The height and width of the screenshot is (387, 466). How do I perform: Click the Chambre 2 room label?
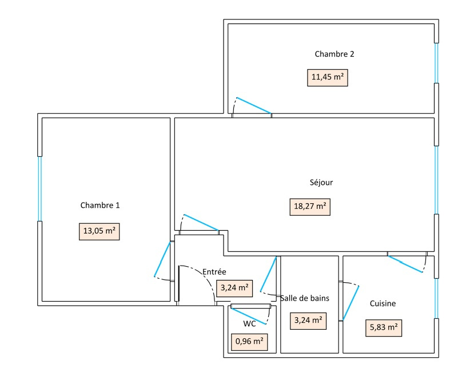click(x=334, y=54)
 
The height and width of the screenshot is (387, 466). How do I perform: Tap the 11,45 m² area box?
click(x=328, y=77)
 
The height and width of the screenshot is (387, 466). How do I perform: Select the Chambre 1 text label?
click(x=100, y=205)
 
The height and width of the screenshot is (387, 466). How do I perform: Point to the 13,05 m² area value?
click(x=99, y=231)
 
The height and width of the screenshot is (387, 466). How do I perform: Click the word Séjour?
click(x=320, y=183)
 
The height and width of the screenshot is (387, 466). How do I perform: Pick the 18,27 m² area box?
click(x=309, y=207)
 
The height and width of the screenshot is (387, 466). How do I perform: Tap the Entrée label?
click(x=214, y=272)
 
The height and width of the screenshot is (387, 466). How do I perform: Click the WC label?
click(x=249, y=323)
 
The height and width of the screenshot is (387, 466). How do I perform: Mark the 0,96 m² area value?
click(x=249, y=342)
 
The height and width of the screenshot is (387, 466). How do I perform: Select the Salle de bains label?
click(x=304, y=298)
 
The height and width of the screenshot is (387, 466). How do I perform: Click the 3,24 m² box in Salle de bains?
click(x=309, y=321)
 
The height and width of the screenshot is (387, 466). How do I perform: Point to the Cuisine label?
click(x=383, y=303)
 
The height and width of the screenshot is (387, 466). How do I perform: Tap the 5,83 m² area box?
click(x=383, y=327)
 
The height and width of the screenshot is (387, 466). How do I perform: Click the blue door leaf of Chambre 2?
click(x=253, y=105)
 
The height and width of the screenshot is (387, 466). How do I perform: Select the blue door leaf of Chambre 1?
click(x=162, y=259)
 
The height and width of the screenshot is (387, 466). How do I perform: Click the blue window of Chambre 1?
click(x=40, y=188)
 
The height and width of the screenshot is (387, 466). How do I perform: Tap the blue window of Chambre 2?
click(x=436, y=63)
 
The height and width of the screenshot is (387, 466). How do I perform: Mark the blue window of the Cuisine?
click(x=436, y=298)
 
